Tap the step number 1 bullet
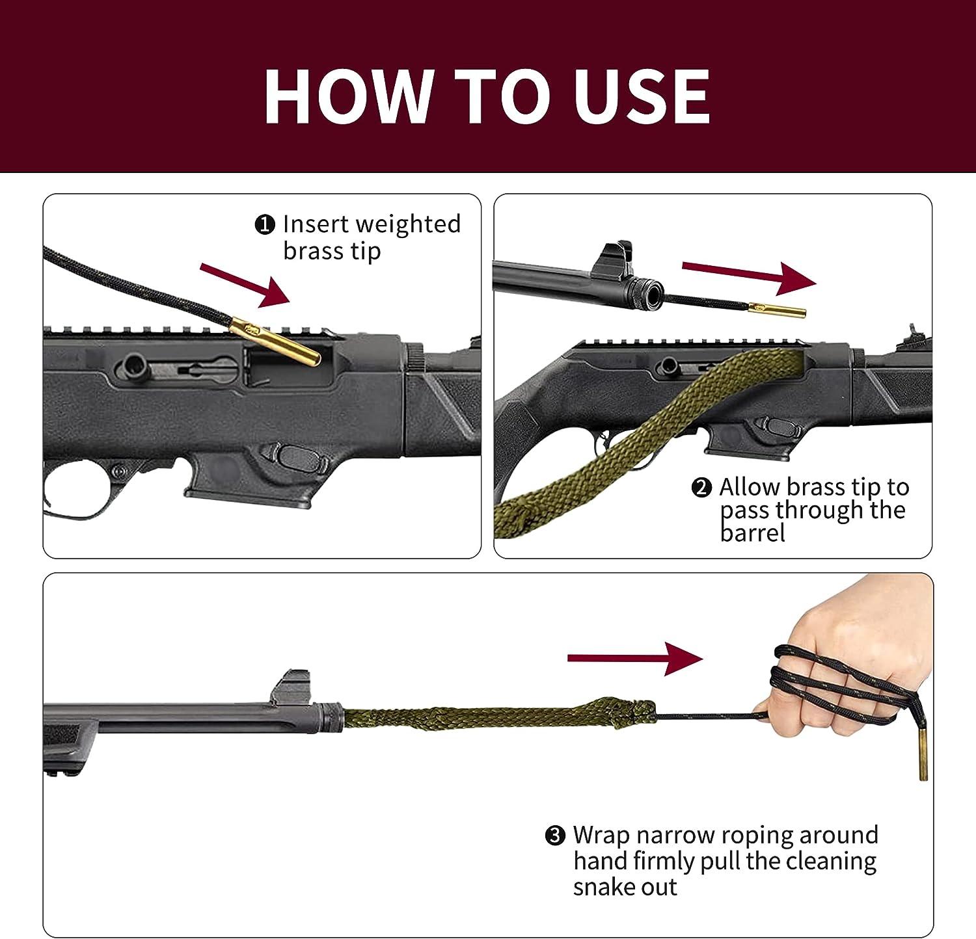pyautogui.click(x=264, y=225)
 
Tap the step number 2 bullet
pyautogui.click(x=701, y=488)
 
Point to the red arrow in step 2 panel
pyautogui.click(x=748, y=275)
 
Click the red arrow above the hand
pyautogui.click(x=635, y=659)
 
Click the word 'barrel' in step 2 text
pyautogui.click(x=752, y=533)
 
